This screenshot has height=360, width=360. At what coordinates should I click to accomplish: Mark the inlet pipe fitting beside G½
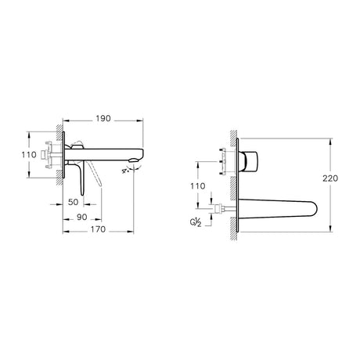[x=225, y=209]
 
